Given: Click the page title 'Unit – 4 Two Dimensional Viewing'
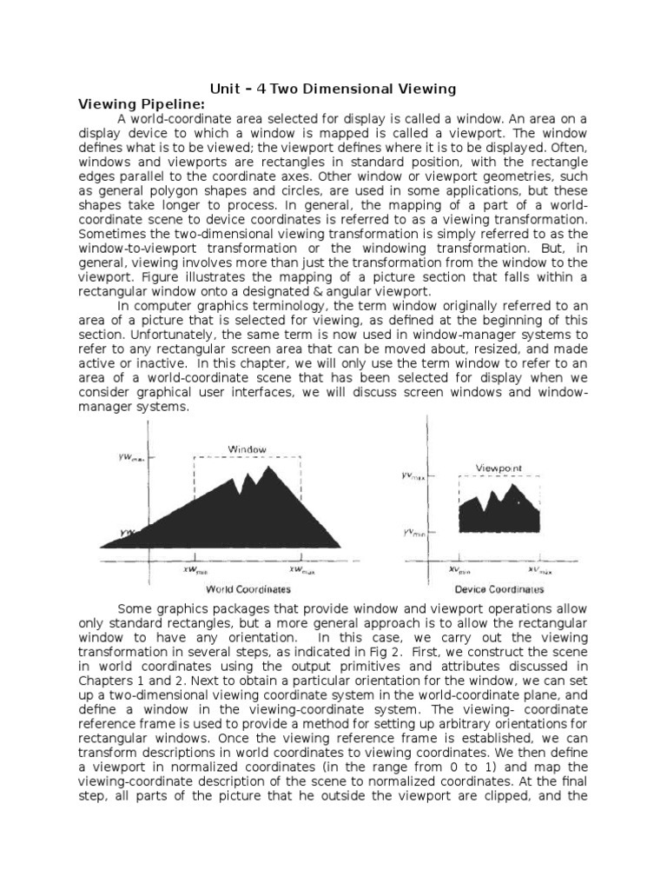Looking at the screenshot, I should click(x=333, y=89).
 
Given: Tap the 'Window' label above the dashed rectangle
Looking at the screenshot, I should click(x=247, y=448).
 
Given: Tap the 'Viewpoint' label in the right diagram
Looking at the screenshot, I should click(x=499, y=468).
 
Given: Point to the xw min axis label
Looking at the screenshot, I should click(x=195, y=570).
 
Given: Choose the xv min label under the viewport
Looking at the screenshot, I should click(x=459, y=570).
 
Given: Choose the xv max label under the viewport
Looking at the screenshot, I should click(x=539, y=570).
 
